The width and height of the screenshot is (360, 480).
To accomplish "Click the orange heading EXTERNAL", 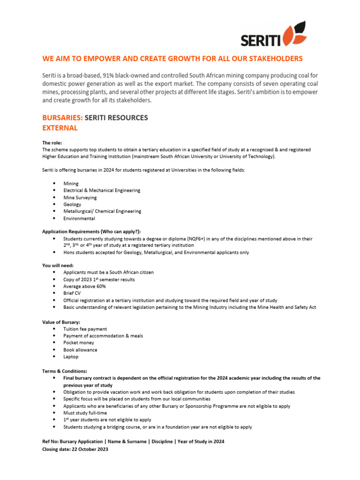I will coord(60,128).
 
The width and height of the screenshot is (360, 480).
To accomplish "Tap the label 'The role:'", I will coord(52,143).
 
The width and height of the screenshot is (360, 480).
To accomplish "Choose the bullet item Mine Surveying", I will coord(80,197).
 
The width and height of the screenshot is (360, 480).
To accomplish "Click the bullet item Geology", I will coord(72,204).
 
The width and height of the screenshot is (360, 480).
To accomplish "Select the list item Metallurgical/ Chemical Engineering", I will coord(102,211).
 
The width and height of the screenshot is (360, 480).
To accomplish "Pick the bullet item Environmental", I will coord(79,218).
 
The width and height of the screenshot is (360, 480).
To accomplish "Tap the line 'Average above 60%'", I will coord(84,286).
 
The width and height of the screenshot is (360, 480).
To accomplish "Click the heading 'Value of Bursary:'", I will coord(61,322).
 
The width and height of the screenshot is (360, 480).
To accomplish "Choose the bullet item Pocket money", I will coord(79,343).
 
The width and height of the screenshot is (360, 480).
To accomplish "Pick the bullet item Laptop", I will coord(71,357).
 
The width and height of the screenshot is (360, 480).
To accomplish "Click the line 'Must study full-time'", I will coord(85,413).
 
